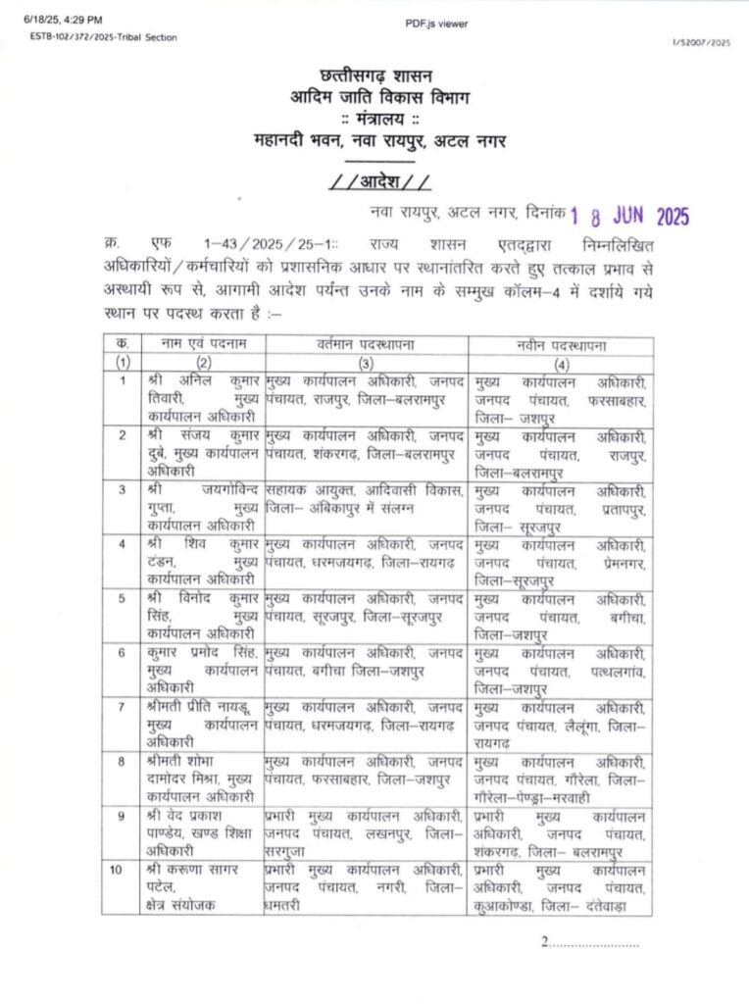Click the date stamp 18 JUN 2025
(629, 216)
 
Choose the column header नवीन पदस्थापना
(560, 344)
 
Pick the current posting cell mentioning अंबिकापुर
(366, 498)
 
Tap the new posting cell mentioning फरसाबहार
(560, 398)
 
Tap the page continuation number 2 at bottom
(544, 942)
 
